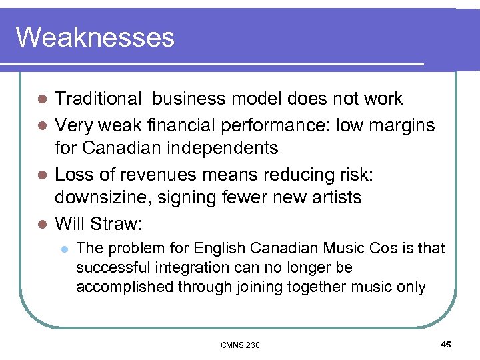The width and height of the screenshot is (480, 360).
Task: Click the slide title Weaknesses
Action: [x=95, y=37]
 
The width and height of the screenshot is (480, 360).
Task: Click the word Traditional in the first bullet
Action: [x=98, y=99]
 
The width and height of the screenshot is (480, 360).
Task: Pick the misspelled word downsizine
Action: [x=107, y=197]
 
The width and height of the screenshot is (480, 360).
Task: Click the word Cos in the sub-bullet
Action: [x=389, y=248]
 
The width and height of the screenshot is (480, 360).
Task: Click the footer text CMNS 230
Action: [x=240, y=345]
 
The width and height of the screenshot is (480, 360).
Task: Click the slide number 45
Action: [x=445, y=344]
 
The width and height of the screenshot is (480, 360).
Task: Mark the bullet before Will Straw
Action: [x=43, y=223]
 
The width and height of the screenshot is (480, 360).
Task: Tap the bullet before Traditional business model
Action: [x=43, y=99]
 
